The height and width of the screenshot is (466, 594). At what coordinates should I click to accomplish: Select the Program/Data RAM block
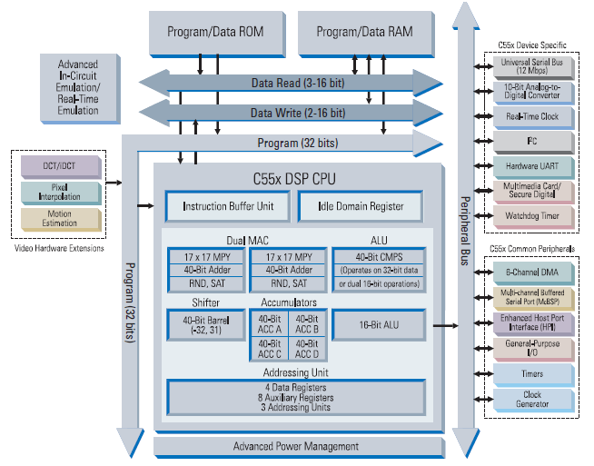click(364, 32)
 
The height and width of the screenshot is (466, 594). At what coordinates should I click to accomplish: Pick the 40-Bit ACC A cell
click(271, 324)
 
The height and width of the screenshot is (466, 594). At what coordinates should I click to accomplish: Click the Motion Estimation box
click(61, 219)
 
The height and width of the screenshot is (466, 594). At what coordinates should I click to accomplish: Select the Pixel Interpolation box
click(61, 192)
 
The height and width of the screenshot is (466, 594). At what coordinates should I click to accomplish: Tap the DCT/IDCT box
click(61, 165)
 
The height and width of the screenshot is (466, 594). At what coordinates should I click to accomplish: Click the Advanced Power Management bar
click(295, 446)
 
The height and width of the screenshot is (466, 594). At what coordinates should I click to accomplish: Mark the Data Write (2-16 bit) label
click(297, 113)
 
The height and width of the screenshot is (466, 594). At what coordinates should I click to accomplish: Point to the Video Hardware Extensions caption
click(61, 248)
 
